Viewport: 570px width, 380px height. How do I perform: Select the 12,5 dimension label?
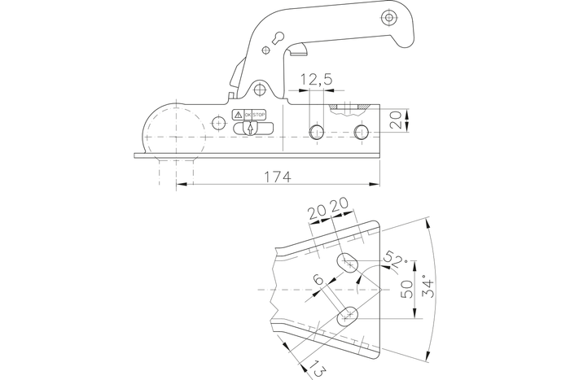click(x=315, y=79)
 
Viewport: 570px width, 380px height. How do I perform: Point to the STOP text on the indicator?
click(x=259, y=115)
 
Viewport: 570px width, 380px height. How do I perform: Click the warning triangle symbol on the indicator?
click(x=237, y=115)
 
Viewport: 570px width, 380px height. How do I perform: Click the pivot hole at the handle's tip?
click(x=389, y=18)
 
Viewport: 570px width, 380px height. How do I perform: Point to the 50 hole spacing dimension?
click(x=407, y=289)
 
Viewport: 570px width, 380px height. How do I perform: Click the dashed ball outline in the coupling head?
click(x=172, y=130)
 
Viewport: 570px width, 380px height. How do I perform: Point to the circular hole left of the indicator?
click(x=217, y=122)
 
